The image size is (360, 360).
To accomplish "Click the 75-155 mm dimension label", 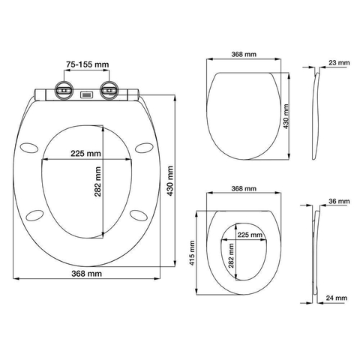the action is [88, 64].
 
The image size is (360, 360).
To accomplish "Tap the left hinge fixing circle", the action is [64, 90].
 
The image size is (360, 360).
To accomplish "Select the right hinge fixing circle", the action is [109, 90].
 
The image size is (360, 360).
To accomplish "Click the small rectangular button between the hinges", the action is [86, 94].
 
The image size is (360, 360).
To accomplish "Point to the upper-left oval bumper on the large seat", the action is [29, 147].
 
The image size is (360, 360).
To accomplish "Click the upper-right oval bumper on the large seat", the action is [144, 147].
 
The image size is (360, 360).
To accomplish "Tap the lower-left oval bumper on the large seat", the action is [34, 215].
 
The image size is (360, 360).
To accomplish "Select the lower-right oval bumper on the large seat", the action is [139, 215].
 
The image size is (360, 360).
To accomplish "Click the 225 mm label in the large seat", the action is [85, 153].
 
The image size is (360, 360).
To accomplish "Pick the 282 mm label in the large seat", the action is [97, 181].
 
